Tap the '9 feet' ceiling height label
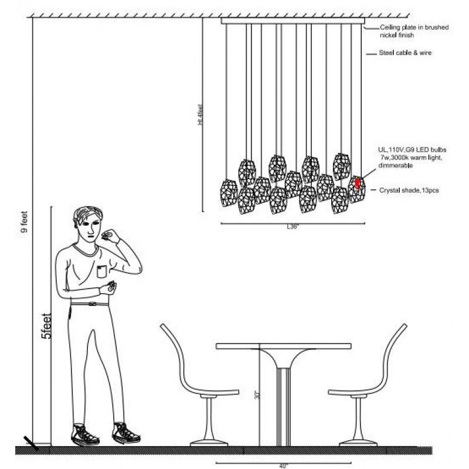23,223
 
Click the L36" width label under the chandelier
292,227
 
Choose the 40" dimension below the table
284,465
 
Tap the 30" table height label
256,396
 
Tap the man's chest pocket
104,271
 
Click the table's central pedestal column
285,405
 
